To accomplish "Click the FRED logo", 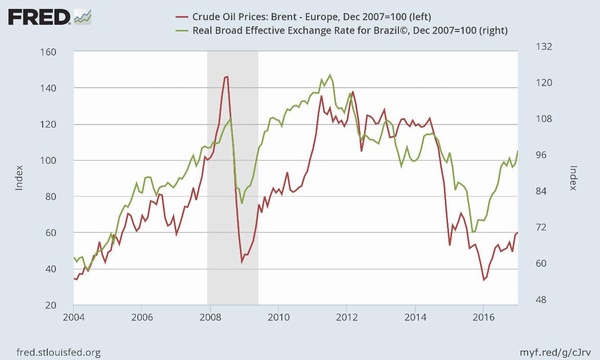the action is click(x=49, y=17).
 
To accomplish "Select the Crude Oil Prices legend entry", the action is click(x=303, y=17).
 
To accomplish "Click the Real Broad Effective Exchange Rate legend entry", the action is click(x=342, y=30).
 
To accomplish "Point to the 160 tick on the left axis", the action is click(x=49, y=52).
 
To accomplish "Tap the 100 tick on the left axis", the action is click(x=49, y=160).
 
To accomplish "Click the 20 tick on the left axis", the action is click(x=51, y=305).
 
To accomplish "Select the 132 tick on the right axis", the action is click(x=544, y=47).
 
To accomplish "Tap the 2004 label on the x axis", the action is click(x=74, y=317).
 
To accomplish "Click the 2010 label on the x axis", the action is click(x=279, y=317).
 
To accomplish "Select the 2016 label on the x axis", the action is click(x=483, y=317).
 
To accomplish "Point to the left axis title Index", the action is click(x=19, y=178).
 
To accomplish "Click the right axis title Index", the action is click(x=573, y=178).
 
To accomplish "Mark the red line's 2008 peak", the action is click(x=226, y=77).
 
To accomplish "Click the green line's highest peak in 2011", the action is click(x=330, y=75).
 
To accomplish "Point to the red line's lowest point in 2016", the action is click(x=484, y=280).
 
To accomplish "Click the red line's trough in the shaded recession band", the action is click(x=242, y=262).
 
